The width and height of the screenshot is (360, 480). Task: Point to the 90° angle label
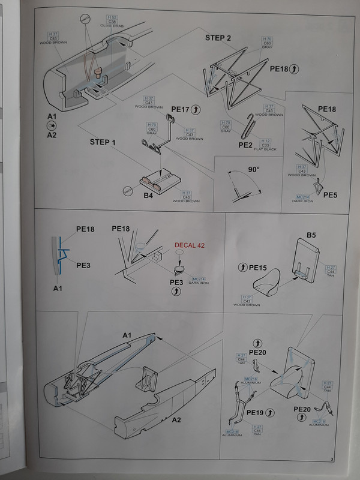pos(253,170)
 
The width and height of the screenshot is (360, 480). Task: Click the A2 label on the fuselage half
pos(176,419)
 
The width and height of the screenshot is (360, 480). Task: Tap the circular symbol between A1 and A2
pos(52,125)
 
